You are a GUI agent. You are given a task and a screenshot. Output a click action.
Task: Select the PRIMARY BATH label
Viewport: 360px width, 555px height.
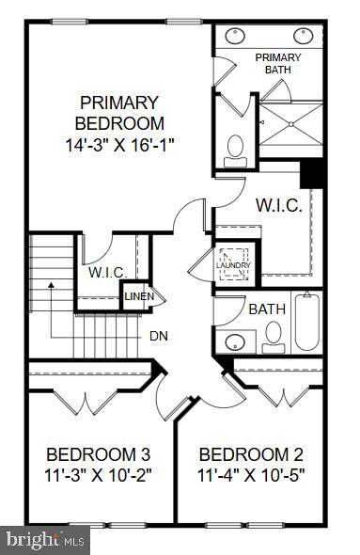pyautogui.click(x=278, y=63)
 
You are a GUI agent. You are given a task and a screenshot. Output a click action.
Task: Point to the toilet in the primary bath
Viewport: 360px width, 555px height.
pyautogui.click(x=235, y=147)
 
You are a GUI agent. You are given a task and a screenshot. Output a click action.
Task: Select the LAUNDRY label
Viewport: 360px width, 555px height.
pyautogui.click(x=231, y=265)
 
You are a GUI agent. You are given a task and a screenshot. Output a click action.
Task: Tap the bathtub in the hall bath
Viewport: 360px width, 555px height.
pyautogui.click(x=306, y=325)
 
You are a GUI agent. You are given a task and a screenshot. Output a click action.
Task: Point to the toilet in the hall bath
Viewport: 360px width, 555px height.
pyautogui.click(x=274, y=335)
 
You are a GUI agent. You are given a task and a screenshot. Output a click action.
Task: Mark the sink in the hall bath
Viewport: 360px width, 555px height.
pyautogui.click(x=239, y=340)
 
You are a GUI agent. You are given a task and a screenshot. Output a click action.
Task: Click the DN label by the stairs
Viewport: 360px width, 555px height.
pyautogui.click(x=159, y=335)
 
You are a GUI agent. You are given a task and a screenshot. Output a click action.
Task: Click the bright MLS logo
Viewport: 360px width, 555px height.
pyautogui.click(x=45, y=539)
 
